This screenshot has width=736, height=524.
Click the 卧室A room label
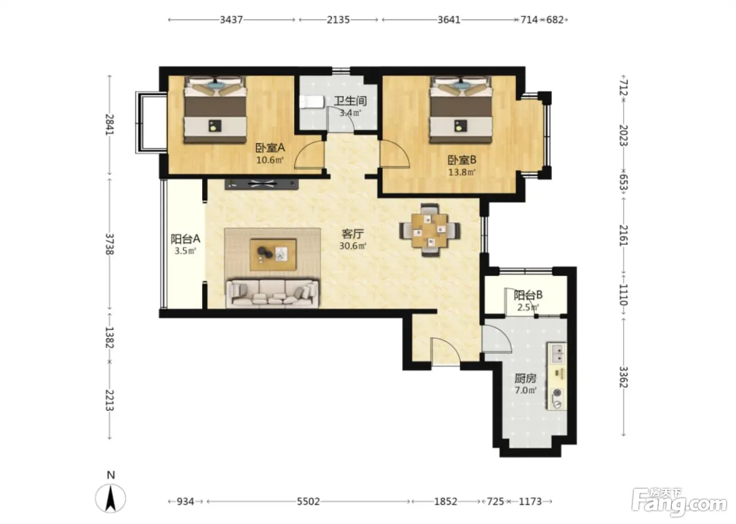(270, 148)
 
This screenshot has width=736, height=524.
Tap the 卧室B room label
(462, 160)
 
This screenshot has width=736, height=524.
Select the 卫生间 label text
(350, 101)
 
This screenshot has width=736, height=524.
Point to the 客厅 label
(353, 234)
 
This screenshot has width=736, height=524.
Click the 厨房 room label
(525, 379)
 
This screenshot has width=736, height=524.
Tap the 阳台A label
(185, 239)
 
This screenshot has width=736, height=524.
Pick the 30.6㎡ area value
(353, 246)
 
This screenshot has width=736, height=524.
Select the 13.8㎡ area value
(462, 172)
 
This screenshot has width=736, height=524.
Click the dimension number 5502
(308, 501)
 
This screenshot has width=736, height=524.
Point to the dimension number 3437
(231, 19)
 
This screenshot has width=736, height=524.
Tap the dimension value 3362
(623, 377)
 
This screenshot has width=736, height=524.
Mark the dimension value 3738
(109, 244)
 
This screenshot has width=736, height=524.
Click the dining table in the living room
(430, 230)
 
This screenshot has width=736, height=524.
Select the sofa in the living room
(272, 294)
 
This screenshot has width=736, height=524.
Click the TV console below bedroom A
(262, 184)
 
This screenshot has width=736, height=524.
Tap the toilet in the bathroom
(312, 102)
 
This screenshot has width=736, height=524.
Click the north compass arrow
(111, 498)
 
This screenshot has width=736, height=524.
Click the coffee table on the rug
(273, 255)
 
